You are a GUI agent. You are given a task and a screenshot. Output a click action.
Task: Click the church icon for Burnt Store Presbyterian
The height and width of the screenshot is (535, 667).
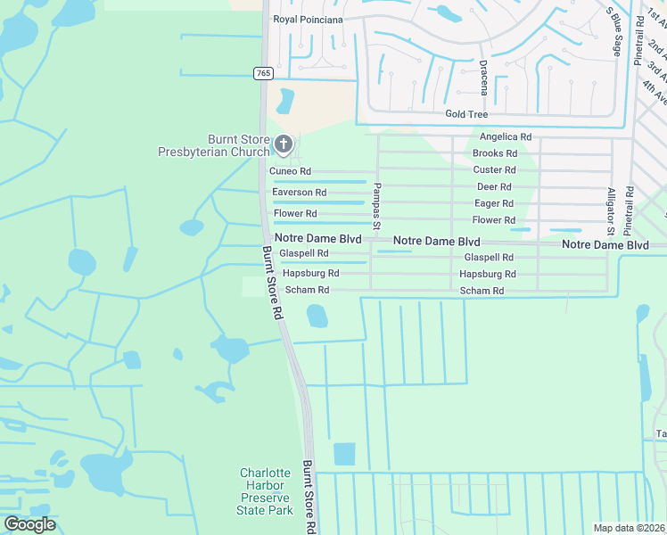point(283,144)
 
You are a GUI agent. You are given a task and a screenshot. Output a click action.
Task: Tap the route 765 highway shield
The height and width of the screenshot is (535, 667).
point(262,73)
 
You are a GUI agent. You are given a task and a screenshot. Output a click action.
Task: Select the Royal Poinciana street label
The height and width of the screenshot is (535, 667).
point(309,18)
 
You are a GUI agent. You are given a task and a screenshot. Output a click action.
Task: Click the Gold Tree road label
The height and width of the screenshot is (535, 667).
point(466,114)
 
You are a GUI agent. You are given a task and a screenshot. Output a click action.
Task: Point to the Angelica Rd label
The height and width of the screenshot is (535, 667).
point(505,137)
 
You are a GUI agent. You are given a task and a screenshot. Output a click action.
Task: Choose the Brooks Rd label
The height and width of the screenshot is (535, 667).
point(494,153)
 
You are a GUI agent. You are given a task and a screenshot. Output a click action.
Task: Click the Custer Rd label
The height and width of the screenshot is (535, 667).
point(494,169)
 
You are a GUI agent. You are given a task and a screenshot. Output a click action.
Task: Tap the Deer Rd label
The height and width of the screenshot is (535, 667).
point(494,186)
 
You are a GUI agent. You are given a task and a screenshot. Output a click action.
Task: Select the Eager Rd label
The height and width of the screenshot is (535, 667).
point(494,203)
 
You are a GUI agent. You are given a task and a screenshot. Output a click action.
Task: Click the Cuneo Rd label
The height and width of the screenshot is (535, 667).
point(292,171)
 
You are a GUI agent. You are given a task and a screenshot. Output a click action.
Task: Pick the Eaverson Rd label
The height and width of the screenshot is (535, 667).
point(299,193)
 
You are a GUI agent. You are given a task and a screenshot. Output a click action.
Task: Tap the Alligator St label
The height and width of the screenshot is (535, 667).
point(611,210)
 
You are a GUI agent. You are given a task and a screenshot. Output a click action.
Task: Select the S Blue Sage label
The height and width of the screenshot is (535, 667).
point(613,32)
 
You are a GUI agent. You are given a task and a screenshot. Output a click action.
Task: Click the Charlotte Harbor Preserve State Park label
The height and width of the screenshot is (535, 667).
point(265,491)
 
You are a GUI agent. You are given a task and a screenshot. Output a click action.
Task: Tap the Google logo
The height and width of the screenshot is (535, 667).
point(29,524)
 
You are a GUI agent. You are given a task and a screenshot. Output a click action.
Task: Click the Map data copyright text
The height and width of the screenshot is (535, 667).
point(629,528)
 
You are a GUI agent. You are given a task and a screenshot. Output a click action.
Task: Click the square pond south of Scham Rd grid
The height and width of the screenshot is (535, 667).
point(344,454)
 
